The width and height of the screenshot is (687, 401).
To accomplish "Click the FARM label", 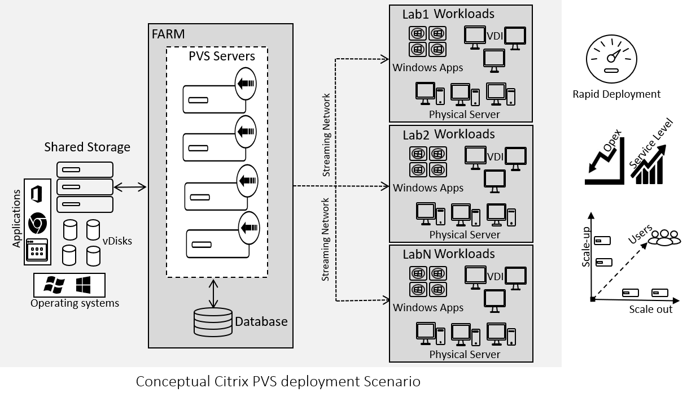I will pyautogui.click(x=168, y=34).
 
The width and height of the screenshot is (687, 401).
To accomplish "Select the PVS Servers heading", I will pyautogui.click(x=222, y=56).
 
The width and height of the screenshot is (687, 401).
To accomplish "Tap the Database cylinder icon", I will pyautogui.click(x=213, y=322).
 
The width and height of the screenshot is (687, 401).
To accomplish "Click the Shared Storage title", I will pyautogui.click(x=87, y=147).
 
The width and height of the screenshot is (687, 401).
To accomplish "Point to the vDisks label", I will pyautogui.click(x=117, y=241).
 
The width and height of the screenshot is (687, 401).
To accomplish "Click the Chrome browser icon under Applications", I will pyautogui.click(x=37, y=223).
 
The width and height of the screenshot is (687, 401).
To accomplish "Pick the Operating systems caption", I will pyautogui.click(x=75, y=303).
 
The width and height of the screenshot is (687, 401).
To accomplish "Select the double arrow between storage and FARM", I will pyautogui.click(x=130, y=187).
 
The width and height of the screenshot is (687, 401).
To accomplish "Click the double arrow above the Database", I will pyautogui.click(x=213, y=293).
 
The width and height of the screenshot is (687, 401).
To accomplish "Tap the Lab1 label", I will pyautogui.click(x=416, y=15).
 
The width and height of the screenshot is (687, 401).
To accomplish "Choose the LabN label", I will pyautogui.click(x=417, y=255).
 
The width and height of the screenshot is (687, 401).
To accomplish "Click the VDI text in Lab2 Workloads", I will pyautogui.click(x=495, y=156).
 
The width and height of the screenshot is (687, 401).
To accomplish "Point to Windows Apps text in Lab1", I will pyautogui.click(x=428, y=68).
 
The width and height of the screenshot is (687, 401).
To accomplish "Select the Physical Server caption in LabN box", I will pyautogui.click(x=465, y=355).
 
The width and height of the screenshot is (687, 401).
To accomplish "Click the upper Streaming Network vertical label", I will pyautogui.click(x=326, y=136).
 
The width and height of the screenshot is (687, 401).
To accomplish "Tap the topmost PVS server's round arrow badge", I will pyautogui.click(x=246, y=84).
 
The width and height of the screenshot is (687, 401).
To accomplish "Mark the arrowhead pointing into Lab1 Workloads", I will pyautogui.click(x=386, y=58).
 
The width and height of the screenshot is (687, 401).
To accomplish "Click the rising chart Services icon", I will pyautogui.click(x=648, y=164).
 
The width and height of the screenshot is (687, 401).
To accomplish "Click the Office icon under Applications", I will pyautogui.click(x=37, y=194).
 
